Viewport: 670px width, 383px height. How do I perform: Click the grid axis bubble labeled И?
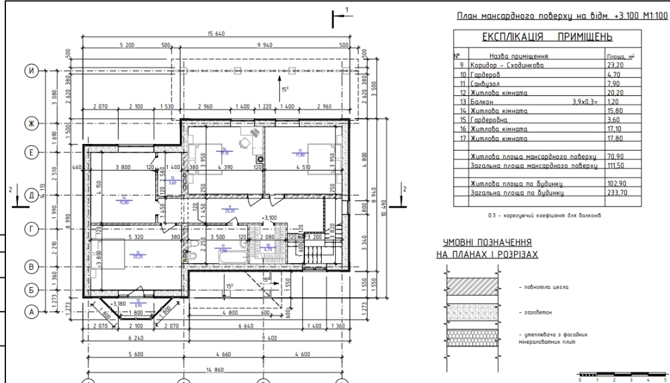pyautogui.click(x=29, y=70)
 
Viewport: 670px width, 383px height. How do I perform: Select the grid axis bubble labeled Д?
pyautogui.click(x=29, y=195)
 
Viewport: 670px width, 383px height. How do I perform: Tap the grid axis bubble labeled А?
pyautogui.click(x=29, y=310)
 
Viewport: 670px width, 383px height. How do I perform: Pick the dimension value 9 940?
pyautogui.click(x=261, y=45)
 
